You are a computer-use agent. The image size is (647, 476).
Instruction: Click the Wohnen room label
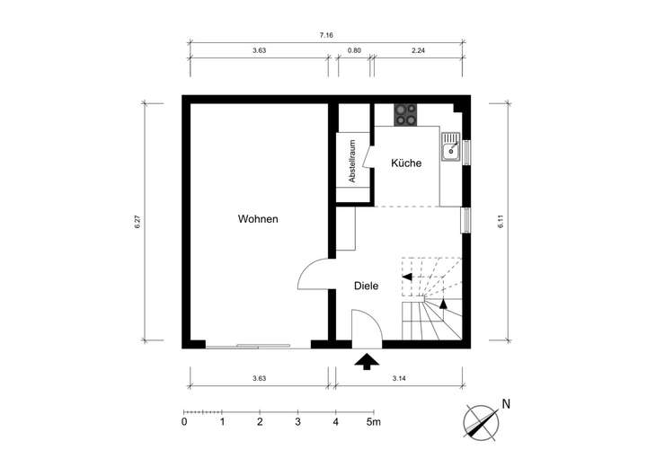(x=258, y=219)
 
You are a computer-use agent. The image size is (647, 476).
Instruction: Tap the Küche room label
(x=406, y=163)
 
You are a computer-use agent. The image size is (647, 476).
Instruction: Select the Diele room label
(x=366, y=286)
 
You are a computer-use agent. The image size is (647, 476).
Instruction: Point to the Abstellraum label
(x=352, y=162)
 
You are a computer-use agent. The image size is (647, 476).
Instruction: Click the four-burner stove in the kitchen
(x=406, y=115)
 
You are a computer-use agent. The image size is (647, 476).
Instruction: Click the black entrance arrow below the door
(x=367, y=362)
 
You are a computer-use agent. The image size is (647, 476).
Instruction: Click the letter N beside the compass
(x=506, y=404)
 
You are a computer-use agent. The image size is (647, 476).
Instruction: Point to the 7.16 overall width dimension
(x=326, y=35)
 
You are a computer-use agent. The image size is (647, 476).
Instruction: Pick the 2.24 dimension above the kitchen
(x=418, y=51)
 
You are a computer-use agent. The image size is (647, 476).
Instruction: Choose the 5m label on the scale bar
(x=373, y=421)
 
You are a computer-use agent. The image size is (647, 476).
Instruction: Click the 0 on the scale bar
(x=184, y=421)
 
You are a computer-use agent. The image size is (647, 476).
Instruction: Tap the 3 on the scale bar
(x=297, y=421)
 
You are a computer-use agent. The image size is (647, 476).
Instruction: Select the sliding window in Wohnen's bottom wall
(x=248, y=345)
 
